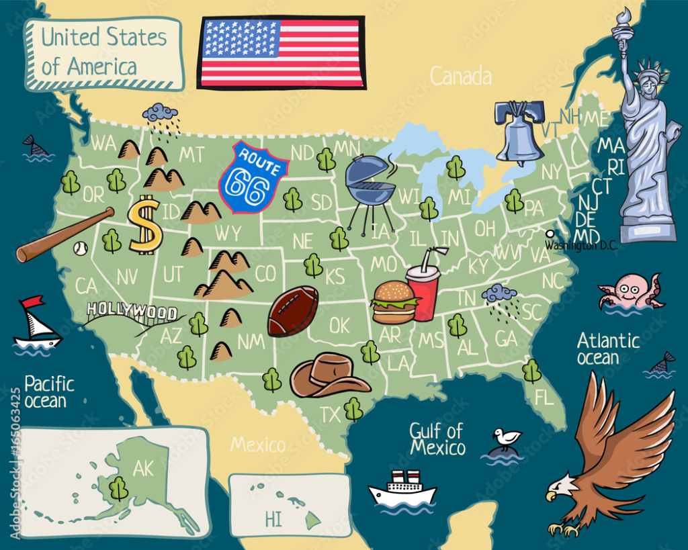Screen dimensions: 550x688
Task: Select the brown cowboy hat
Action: pos(329,376)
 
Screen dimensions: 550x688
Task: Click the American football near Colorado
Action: pos(293,311)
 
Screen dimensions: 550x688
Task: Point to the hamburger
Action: pos(393,302)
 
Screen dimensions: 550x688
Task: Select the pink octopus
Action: pos(630,290)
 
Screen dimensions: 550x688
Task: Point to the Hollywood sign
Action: pos(132,312)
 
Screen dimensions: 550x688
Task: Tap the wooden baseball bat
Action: pos(64,235)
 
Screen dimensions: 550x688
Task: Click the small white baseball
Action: pos(81,249)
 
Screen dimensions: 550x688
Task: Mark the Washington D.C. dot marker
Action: pos(550,234)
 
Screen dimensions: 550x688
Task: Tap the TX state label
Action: pos(330,415)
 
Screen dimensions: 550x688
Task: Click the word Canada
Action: pos(460,77)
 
